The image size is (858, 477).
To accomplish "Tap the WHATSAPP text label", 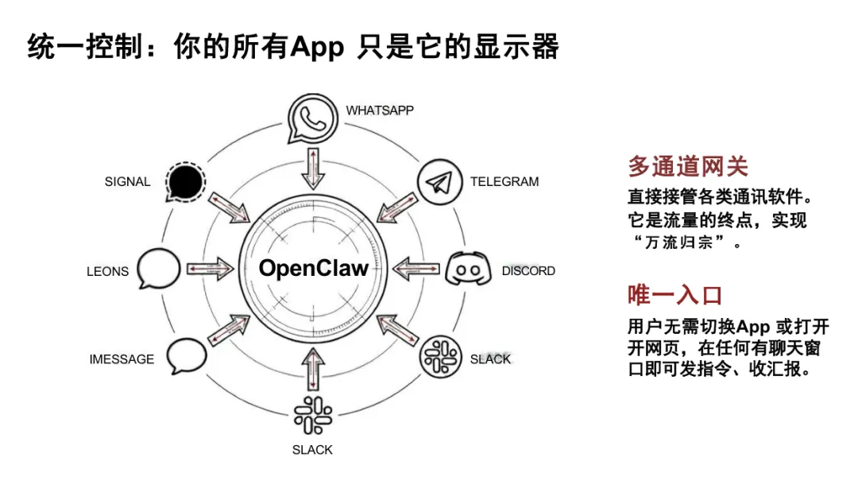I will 380,110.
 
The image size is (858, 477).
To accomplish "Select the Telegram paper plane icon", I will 439,182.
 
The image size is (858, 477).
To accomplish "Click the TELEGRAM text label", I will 504,181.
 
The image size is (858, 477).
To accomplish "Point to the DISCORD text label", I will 528,271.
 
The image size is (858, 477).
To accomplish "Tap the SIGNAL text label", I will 127,181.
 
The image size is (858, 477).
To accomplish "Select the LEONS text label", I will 107,271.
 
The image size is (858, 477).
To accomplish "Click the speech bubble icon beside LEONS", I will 159,269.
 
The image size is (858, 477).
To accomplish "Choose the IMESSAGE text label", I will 122,359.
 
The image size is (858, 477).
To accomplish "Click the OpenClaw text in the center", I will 314,268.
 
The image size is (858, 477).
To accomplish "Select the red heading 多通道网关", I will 687,166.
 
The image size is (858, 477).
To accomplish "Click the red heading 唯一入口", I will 674,295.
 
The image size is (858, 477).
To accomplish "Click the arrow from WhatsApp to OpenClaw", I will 314,168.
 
